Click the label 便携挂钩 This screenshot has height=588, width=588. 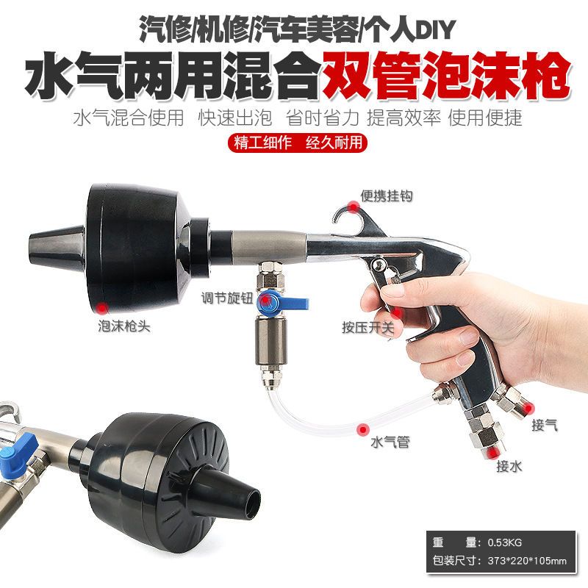(386, 196)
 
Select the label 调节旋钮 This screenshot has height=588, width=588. (227, 298)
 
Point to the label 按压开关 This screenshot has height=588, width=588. (368, 328)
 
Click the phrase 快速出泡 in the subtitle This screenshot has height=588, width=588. (229, 118)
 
